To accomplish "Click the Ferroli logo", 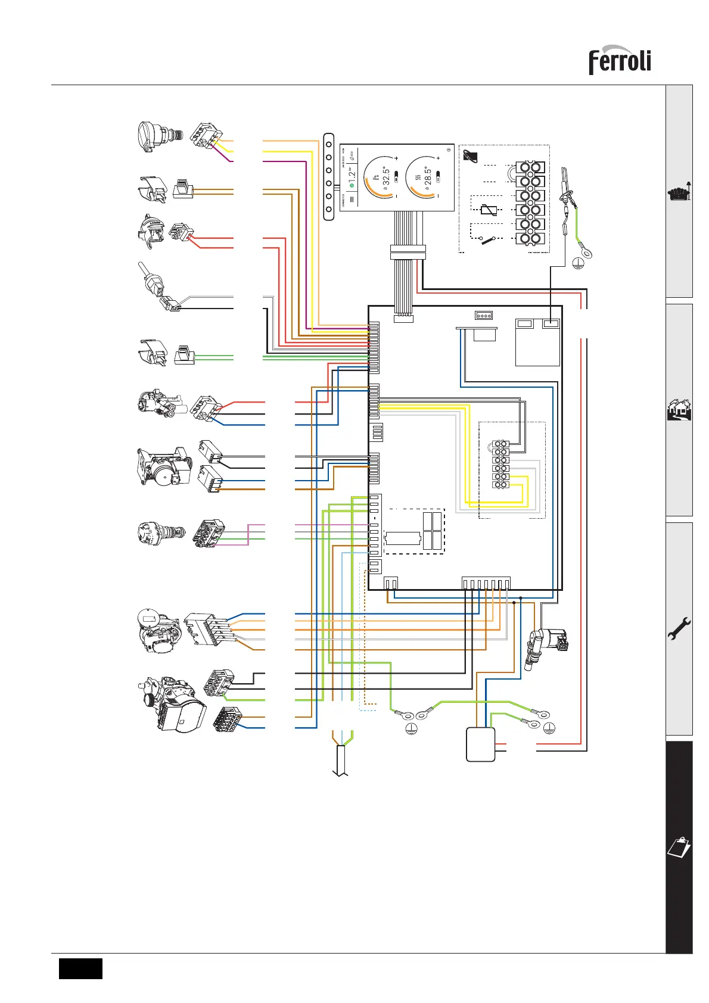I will pos(620,60).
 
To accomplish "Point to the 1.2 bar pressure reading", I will pos(352,176).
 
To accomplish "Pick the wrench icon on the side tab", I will pos(679,628).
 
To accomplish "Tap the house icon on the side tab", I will pos(679,410).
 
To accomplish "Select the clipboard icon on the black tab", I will pos(679,846).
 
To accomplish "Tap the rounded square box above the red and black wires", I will pos(480,744).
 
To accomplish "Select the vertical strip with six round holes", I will pos(329,177).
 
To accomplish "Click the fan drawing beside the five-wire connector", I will pos(158,631).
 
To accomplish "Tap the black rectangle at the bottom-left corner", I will pos(80,968).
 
